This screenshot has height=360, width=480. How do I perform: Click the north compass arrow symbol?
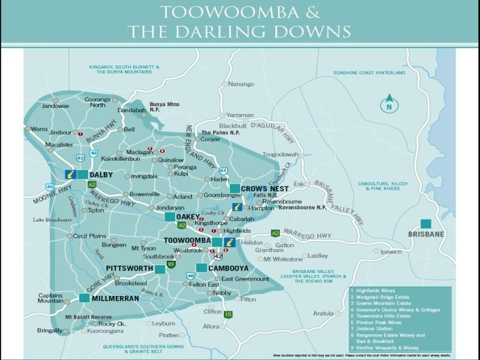pos(389,103)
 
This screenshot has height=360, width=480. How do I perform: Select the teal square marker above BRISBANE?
pos(427,222)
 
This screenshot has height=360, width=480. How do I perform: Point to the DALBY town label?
pos(101,175)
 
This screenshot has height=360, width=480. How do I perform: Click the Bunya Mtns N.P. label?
pos(165,106)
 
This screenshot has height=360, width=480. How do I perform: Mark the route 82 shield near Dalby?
pos(80,158)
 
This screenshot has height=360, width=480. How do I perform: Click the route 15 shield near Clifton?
pos(228,314)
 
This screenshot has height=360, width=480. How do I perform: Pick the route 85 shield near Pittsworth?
pos(172,263)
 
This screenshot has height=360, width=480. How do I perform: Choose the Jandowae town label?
pos(55,106)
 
